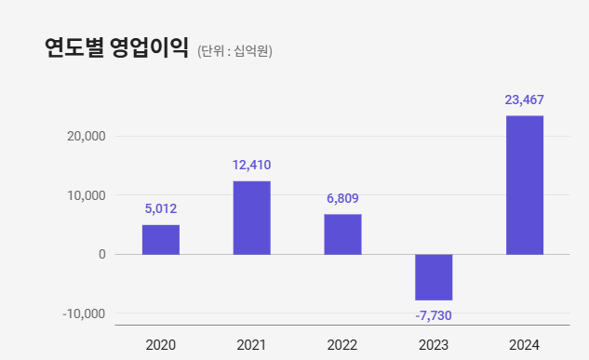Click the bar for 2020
coord(161,239)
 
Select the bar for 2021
coord(251,218)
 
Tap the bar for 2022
coord(342,234)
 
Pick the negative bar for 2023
coord(434,277)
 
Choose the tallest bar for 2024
coord(525,185)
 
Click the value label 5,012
coord(161,208)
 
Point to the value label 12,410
coord(251,166)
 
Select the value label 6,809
coord(342,198)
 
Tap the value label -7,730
coord(434,316)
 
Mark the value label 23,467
coord(525,100)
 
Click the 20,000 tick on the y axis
coord(87,137)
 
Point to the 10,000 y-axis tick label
coord(87,195)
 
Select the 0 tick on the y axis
coord(101,254)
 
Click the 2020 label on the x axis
coord(161,345)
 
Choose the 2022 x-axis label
coord(342,345)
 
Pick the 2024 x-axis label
coord(525,345)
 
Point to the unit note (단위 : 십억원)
coord(234,51)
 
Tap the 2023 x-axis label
coord(434,345)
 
